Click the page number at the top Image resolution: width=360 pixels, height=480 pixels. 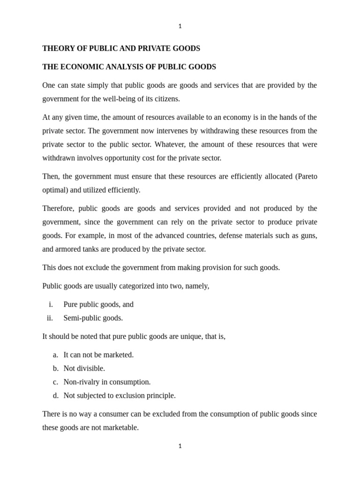click(x=180, y=26)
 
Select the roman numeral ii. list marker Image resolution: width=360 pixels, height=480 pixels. click(x=50, y=318)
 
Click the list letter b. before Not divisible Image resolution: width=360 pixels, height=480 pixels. click(x=56, y=368)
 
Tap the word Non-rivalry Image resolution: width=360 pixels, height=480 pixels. click(x=82, y=382)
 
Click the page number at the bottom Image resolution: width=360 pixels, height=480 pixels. click(x=180, y=446)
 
